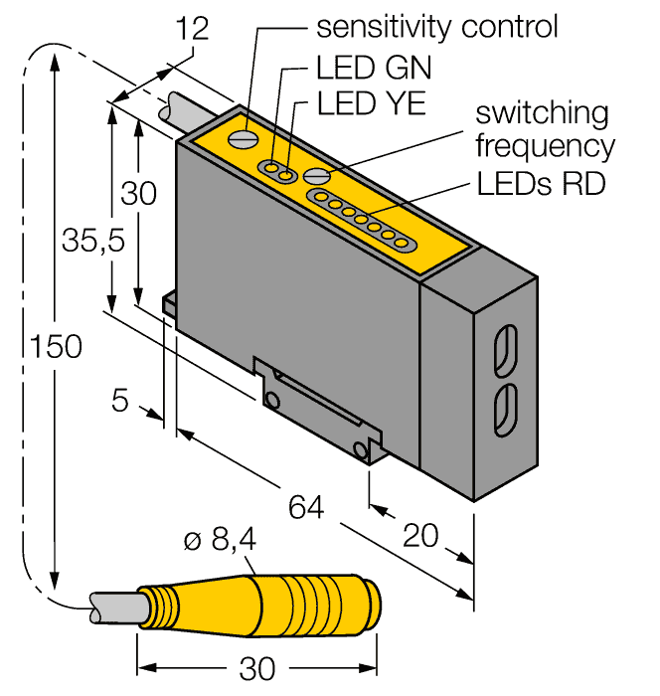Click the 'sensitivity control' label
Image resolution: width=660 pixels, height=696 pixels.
point(436,27)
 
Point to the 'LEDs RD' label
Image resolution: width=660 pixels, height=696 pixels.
point(541,184)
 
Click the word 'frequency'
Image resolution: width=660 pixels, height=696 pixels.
point(544,146)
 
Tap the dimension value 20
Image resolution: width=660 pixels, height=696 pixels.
point(421,536)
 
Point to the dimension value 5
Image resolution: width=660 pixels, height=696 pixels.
point(120,403)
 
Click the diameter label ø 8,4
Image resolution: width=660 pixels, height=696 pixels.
point(221,543)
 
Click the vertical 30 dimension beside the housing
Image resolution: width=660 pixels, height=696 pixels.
point(139,194)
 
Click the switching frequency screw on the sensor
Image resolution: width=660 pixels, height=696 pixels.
point(317,175)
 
